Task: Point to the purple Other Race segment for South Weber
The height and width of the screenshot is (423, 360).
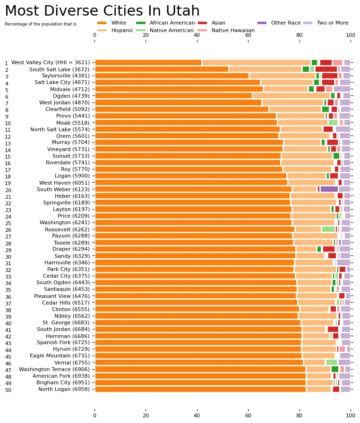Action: [329, 189]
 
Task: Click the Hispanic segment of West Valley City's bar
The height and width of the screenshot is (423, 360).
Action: [256, 62]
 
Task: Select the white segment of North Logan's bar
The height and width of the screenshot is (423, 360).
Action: [200, 389]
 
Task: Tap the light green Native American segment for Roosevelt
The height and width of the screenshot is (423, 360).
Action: [328, 229]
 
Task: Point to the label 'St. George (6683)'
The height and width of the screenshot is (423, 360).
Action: [69, 322]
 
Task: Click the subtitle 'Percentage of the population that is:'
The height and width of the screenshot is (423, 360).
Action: [41, 24]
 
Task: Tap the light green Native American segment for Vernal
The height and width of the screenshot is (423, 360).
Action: [331, 362]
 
